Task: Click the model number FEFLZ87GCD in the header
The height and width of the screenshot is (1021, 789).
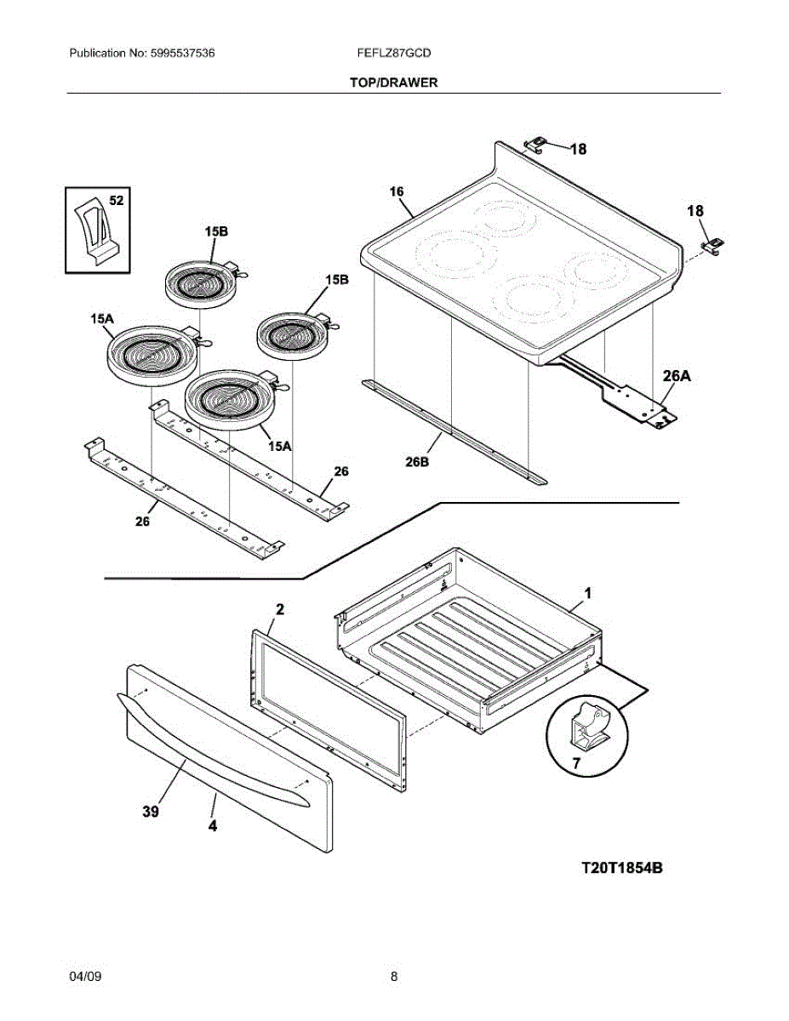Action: (395, 53)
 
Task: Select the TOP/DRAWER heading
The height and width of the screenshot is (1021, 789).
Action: (394, 83)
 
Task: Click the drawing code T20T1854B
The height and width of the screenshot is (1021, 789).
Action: (621, 868)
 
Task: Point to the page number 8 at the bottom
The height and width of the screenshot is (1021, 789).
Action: (394, 977)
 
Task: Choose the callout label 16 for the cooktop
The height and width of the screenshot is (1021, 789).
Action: (397, 191)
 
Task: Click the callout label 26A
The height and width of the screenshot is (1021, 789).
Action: (677, 374)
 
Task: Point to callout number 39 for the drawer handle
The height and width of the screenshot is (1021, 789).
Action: (151, 813)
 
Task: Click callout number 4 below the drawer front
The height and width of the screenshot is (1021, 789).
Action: (213, 825)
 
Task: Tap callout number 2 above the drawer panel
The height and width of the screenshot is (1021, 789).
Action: (280, 609)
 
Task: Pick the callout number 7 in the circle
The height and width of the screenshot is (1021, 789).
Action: (575, 763)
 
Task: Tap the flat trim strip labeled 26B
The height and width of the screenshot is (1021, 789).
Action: (451, 430)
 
